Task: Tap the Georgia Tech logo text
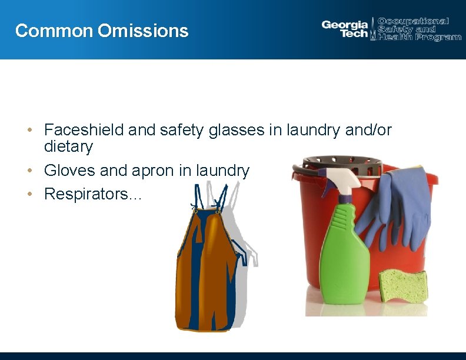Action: (x=345, y=29)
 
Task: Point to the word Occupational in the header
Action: (x=413, y=21)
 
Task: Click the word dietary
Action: (x=68, y=146)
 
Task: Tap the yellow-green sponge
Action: (x=403, y=285)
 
